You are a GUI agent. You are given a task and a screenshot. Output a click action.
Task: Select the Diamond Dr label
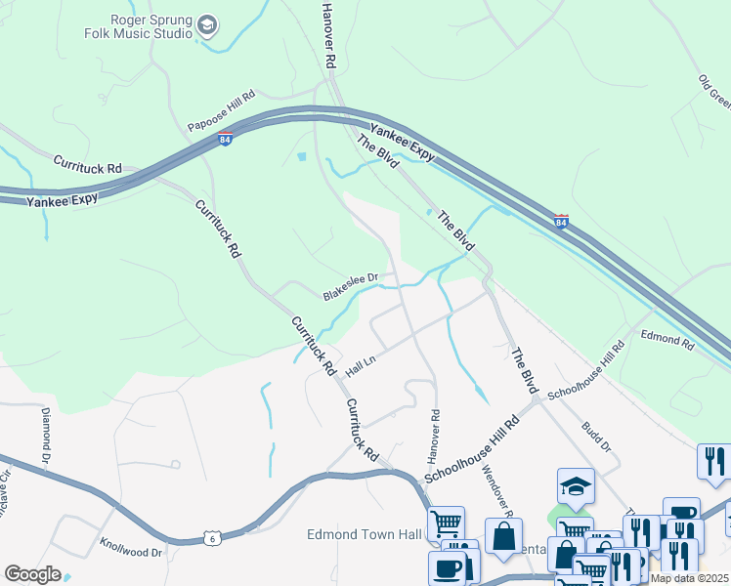44,436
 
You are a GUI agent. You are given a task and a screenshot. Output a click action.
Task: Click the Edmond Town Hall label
364,534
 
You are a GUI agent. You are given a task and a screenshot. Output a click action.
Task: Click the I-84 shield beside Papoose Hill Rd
226,138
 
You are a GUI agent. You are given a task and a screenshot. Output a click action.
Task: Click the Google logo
32,573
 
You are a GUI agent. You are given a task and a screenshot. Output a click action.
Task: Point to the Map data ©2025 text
689,578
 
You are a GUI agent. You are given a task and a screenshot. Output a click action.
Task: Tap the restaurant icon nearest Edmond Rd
714,460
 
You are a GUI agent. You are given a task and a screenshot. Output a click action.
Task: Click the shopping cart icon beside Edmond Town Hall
446,523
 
